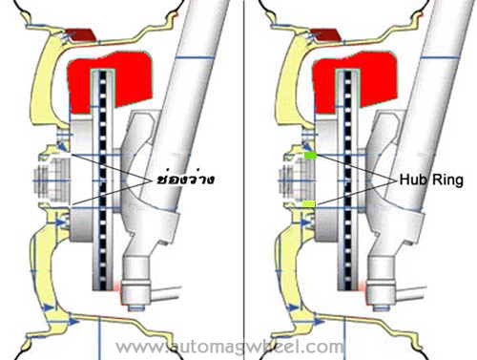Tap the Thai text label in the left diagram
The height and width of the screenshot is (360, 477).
(x=185, y=180)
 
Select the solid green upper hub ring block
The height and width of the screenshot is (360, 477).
(x=310, y=156)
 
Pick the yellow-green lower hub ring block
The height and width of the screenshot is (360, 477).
(x=309, y=204)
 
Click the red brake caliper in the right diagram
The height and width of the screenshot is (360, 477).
(x=355, y=81)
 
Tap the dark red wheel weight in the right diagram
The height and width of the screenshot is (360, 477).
(x=326, y=34)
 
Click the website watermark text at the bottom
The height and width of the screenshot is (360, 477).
(x=230, y=347)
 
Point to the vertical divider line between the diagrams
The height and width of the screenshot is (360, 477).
(x=244, y=180)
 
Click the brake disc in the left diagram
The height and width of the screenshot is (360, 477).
(x=102, y=180)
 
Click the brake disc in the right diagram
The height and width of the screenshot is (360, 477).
(x=348, y=180)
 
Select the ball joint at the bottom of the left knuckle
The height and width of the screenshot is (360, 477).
(x=136, y=294)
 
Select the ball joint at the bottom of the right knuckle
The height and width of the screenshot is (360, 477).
(x=381, y=294)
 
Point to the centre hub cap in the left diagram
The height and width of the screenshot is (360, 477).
(x=51, y=180)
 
